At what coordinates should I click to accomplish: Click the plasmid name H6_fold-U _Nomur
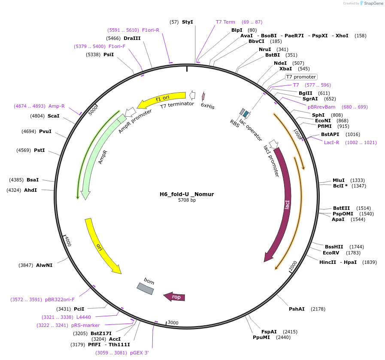tap(187, 194)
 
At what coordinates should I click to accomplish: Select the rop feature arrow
tap(175, 296)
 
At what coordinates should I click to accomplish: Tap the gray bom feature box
tap(145, 289)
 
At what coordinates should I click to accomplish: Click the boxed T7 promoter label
tap(301, 77)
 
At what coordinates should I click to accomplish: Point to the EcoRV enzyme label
tap(331, 253)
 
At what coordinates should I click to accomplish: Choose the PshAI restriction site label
tap(297, 309)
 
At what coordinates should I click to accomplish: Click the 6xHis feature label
tap(208, 106)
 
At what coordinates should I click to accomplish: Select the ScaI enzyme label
tap(54, 116)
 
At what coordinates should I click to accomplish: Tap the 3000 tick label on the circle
tap(173, 323)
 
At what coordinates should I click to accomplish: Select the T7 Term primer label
tap(225, 22)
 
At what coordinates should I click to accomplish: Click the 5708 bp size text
tap(187, 200)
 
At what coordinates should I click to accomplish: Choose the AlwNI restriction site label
tap(44, 265)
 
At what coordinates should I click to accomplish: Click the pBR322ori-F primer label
tap(60, 299)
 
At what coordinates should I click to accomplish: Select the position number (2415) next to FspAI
tap(290, 332)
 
